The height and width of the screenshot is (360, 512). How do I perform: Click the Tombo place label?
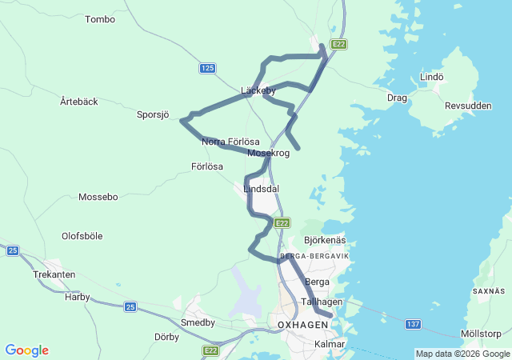100,19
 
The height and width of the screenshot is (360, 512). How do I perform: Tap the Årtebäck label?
79,102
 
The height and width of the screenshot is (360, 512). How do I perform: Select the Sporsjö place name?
153,115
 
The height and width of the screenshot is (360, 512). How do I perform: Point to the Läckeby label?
258,90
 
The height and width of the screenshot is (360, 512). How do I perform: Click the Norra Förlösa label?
230,142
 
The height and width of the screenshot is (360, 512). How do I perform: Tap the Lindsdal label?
262,189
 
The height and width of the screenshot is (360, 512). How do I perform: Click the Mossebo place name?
98,196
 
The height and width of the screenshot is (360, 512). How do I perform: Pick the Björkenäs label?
325,240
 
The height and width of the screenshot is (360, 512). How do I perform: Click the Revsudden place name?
468,106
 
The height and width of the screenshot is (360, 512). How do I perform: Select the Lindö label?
431,77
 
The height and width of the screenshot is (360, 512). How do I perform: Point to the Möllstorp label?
481,334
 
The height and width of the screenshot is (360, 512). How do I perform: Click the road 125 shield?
208,69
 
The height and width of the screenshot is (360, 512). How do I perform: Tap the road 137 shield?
413,324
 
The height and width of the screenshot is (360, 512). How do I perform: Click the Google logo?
26,350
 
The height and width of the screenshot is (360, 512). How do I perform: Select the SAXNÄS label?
489,291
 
